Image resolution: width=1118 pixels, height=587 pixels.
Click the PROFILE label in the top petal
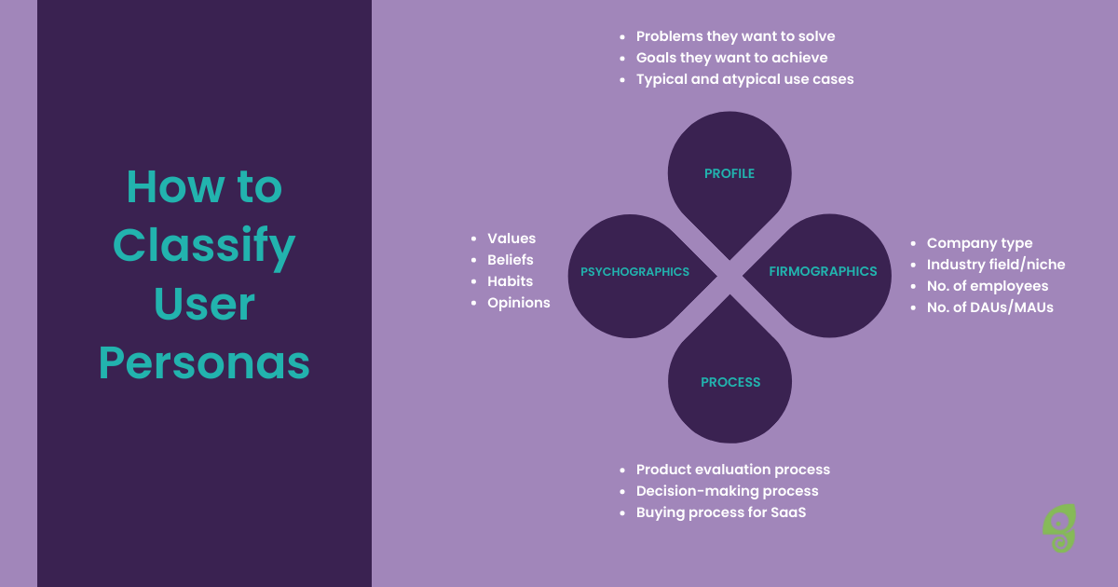click(x=729, y=173)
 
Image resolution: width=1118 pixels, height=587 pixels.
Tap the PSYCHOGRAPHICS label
click(x=634, y=271)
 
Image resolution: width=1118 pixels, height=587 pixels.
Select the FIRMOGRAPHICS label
click(x=823, y=271)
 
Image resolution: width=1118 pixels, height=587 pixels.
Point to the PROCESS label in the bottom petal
click(x=730, y=382)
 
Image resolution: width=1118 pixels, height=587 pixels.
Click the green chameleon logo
click(x=1059, y=528)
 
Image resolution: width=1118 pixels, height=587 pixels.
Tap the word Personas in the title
click(x=204, y=362)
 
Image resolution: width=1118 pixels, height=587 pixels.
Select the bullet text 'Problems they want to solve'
click(x=735, y=36)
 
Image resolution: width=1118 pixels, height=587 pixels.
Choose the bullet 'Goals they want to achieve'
click(x=731, y=58)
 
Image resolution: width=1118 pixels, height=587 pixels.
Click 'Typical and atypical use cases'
click(x=744, y=79)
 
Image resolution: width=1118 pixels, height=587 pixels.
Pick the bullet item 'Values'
click(x=511, y=239)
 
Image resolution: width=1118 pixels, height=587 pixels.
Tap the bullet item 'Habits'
click(x=510, y=281)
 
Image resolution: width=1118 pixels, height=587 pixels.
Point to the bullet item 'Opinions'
click(x=519, y=303)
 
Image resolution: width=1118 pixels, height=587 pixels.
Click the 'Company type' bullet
click(x=979, y=243)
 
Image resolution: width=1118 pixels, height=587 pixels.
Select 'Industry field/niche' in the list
click(x=996, y=264)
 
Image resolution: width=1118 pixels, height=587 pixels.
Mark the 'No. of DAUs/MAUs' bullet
click(x=989, y=307)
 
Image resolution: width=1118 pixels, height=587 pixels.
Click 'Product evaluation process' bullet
click(x=732, y=470)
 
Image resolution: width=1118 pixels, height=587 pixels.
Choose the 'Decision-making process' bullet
click(x=727, y=491)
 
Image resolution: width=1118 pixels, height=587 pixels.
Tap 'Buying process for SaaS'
click(x=721, y=512)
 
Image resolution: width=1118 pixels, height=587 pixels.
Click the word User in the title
click(x=204, y=304)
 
